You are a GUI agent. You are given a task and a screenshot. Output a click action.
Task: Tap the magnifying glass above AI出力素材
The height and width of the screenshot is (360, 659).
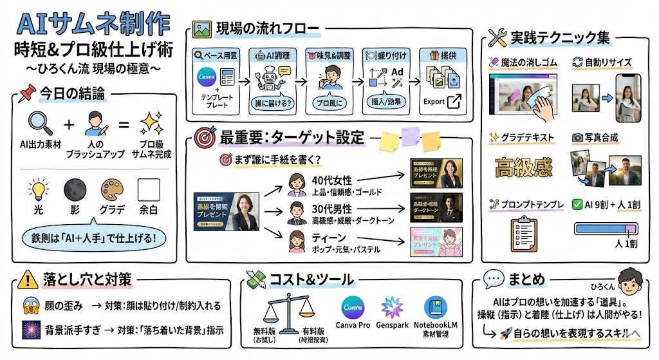click(x=38, y=123)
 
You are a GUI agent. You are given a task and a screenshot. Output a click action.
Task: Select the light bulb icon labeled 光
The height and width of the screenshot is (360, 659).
click(x=38, y=191)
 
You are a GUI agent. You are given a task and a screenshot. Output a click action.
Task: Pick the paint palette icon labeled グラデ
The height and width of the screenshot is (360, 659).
click(x=112, y=191)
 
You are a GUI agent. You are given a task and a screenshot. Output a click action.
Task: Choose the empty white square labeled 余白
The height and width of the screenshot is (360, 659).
click(x=149, y=191)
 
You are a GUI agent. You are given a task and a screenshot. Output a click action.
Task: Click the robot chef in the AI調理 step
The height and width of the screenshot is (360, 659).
click(x=268, y=82)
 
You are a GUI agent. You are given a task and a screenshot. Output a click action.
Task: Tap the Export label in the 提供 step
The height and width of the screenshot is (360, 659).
click(x=435, y=102)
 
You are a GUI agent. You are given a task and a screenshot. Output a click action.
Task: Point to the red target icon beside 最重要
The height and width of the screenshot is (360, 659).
click(x=205, y=138)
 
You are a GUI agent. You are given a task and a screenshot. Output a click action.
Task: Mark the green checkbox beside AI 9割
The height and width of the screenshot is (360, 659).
click(x=577, y=204)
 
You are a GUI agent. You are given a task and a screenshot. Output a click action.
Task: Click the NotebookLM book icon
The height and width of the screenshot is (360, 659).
click(x=439, y=307)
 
